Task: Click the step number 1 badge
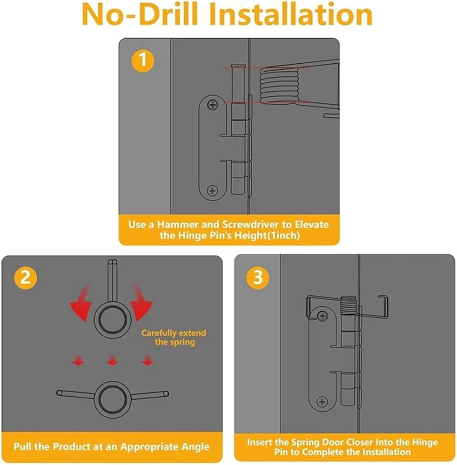143,60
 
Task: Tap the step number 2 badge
26,278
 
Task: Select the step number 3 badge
258,277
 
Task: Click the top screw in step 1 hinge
213,104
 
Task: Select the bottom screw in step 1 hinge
213,191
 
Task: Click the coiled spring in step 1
279,86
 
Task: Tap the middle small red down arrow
112,361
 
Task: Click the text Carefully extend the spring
174,338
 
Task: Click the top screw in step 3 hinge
323,316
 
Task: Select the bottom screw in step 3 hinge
323,402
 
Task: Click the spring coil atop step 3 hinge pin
349,306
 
